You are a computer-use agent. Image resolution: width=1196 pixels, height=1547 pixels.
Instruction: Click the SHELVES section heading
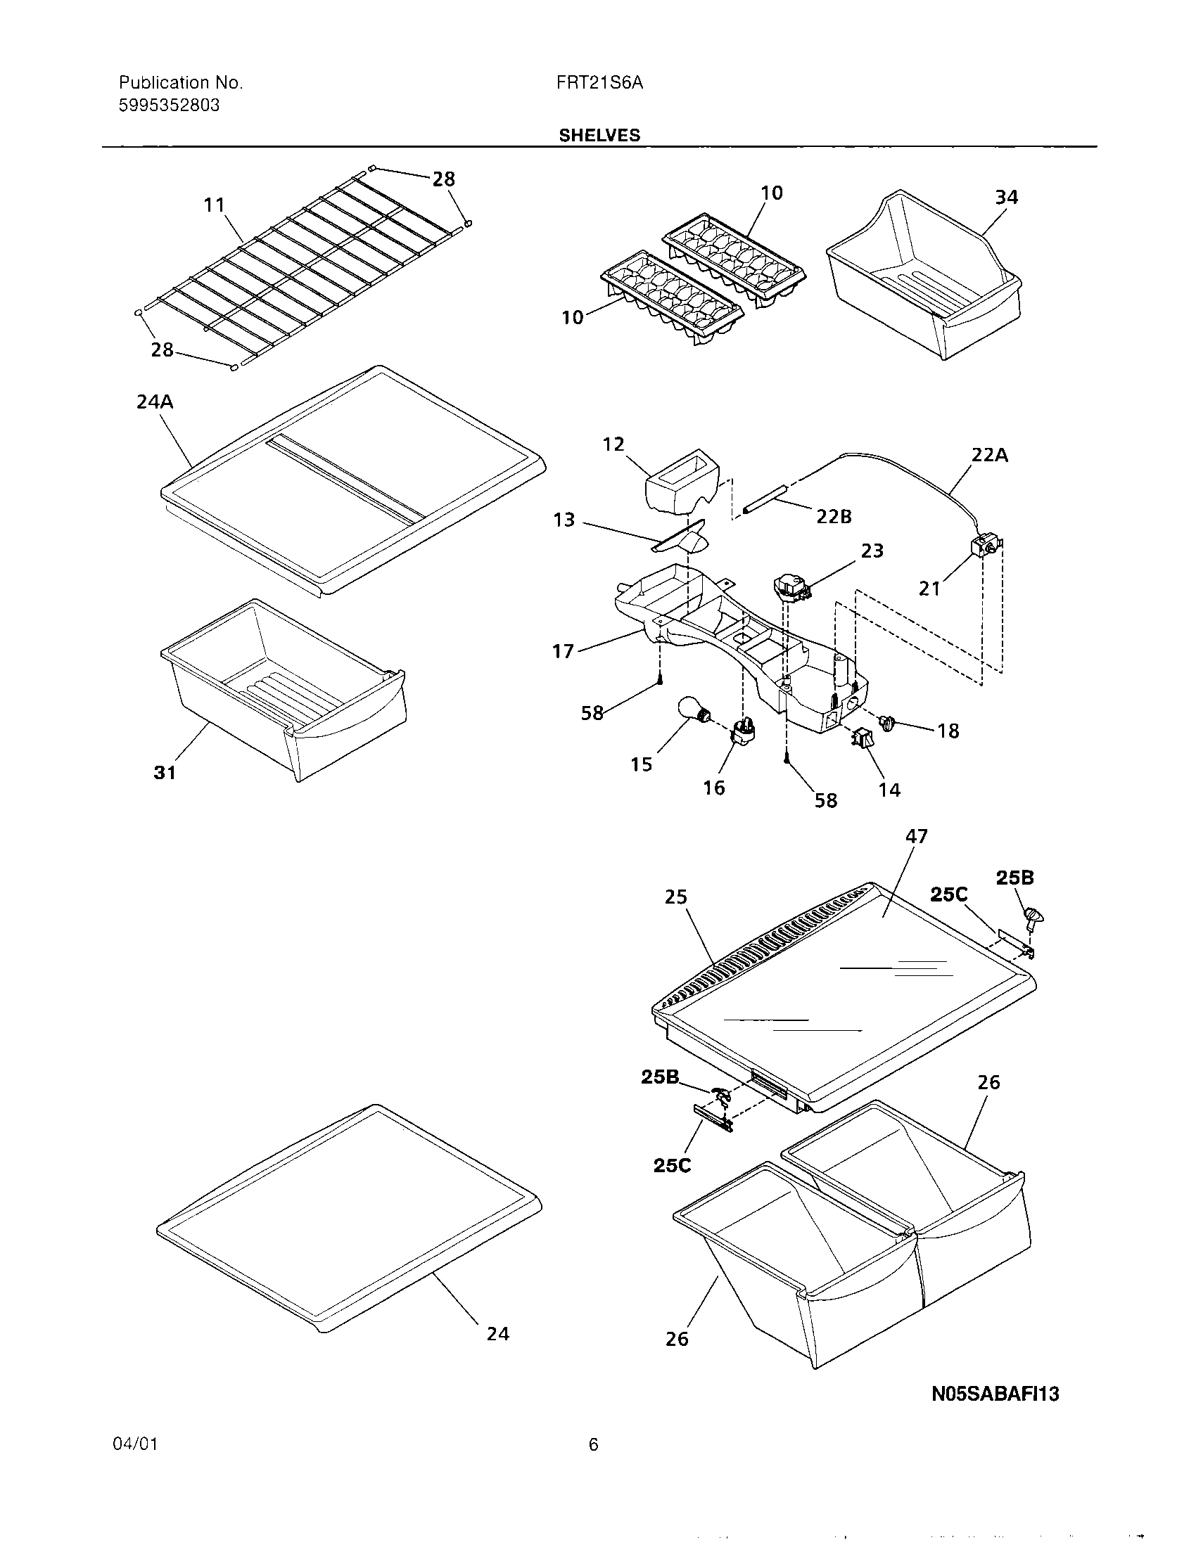click(x=599, y=135)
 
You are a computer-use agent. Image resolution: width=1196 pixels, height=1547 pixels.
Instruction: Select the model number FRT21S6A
click(x=599, y=83)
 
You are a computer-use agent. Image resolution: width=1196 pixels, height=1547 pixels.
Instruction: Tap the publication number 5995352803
click(x=169, y=105)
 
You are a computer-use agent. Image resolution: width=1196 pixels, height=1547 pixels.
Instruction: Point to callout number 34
click(x=1006, y=197)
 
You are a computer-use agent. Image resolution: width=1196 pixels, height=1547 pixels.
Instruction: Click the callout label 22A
click(x=989, y=455)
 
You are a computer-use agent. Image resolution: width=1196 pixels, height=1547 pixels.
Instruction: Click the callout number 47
click(x=916, y=836)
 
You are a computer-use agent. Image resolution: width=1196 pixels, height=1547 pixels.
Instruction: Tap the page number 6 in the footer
click(x=593, y=1444)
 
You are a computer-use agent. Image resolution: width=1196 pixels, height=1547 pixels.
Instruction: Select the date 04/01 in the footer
click(x=134, y=1444)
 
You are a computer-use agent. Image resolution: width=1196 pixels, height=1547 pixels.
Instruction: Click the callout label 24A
click(x=155, y=402)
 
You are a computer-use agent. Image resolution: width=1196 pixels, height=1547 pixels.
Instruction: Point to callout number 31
click(x=165, y=772)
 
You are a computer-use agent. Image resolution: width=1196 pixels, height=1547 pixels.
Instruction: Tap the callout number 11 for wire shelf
click(x=214, y=205)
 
